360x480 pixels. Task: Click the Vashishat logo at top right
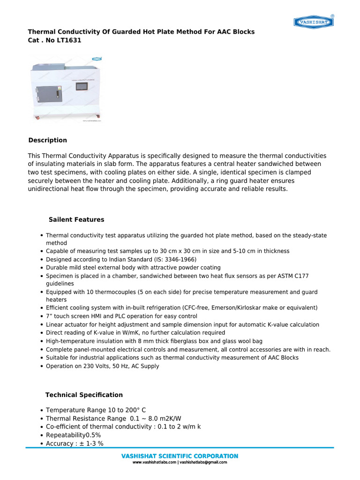click(x=314, y=22)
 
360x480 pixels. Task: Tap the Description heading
click(x=47, y=140)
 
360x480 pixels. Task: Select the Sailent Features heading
click(x=76, y=220)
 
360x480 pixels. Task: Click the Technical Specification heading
click(x=84, y=395)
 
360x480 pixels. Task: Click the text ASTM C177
click(x=290, y=276)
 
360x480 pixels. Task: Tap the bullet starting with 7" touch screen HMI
click(x=121, y=316)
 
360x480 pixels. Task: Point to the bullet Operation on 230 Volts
click(x=102, y=366)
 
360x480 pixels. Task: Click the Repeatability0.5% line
click(x=73, y=435)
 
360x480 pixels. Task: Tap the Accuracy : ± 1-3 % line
click(x=75, y=443)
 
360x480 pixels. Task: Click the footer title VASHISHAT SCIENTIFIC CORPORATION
click(x=180, y=456)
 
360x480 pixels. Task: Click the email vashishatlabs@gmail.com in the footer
click(x=203, y=462)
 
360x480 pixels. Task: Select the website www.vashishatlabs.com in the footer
click(x=154, y=462)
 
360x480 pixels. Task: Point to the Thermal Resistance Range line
click(x=113, y=419)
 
